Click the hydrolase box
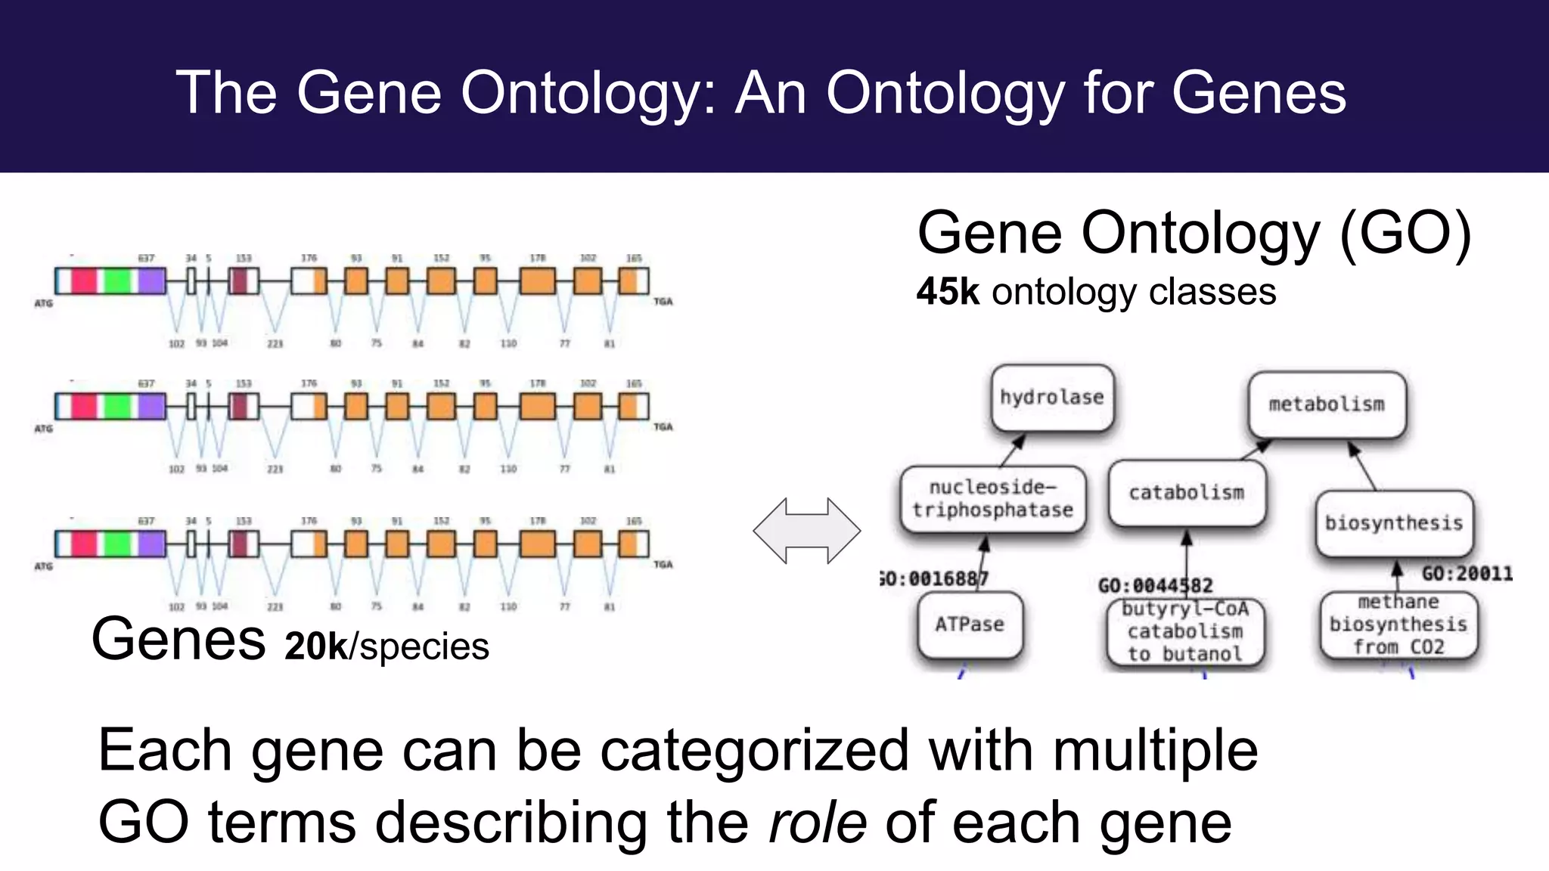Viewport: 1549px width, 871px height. tap(1052, 398)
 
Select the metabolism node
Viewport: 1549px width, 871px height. tap(1327, 405)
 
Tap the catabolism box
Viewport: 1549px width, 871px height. tap(1186, 493)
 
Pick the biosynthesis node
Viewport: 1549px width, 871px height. tap(1393, 523)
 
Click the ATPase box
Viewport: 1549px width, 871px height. tap(970, 625)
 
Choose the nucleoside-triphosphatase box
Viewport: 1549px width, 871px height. tap(992, 499)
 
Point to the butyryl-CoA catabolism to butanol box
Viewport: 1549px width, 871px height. tap(1185, 631)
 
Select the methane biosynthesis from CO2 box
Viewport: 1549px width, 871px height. tap(1398, 625)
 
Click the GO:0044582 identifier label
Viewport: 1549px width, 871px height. tap(1155, 586)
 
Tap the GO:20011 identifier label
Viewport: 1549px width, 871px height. tap(1467, 574)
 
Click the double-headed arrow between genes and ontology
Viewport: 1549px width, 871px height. tap(806, 531)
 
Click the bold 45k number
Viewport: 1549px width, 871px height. tap(947, 292)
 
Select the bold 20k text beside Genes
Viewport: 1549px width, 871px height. tap(315, 646)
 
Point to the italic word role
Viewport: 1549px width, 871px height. tap(817, 823)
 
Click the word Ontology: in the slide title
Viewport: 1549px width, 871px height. tap(588, 94)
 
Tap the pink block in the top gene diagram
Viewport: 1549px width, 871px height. tap(84, 281)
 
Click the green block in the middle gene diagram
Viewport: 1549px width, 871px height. tap(117, 407)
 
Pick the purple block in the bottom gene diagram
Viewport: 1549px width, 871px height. tap(151, 544)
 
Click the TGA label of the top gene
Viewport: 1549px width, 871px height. tap(663, 302)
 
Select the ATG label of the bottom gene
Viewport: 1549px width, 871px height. tap(44, 566)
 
